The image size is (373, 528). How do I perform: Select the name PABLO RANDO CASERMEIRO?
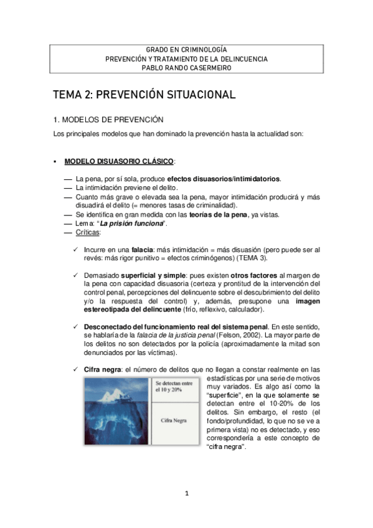pyautogui.click(x=186, y=67)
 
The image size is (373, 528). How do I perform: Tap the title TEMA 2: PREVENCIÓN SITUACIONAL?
pyautogui.click(x=143, y=95)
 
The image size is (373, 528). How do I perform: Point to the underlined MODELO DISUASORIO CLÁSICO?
pyautogui.click(x=118, y=161)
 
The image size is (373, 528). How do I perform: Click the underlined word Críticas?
pyautogui.click(x=87, y=232)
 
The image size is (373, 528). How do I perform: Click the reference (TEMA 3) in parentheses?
pyautogui.click(x=270, y=258)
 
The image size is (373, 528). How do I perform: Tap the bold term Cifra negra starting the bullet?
pyautogui.click(x=103, y=369)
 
